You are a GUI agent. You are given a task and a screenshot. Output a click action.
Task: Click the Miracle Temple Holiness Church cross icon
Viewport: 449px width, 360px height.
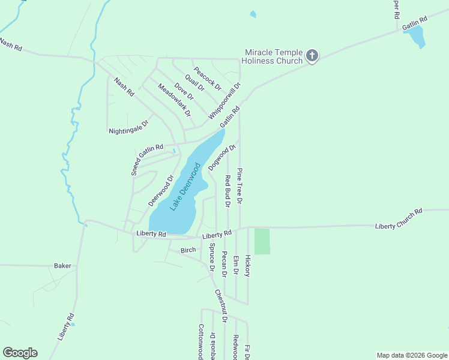(x=312, y=56)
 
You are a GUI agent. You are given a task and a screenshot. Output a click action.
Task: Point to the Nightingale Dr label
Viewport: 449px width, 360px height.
(x=128, y=127)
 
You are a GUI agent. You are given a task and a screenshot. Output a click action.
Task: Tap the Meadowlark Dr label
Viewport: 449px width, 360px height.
(x=174, y=100)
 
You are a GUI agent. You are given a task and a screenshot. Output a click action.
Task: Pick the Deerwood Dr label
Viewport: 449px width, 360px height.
(x=161, y=190)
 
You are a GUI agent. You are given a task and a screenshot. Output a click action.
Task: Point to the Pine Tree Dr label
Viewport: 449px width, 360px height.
(x=240, y=186)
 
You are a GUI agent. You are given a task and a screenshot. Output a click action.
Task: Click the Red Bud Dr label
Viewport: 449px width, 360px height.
(x=228, y=191)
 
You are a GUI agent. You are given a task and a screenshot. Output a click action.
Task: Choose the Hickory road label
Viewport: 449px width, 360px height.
(x=247, y=265)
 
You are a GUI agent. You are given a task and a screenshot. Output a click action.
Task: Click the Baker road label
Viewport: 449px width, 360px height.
(x=62, y=265)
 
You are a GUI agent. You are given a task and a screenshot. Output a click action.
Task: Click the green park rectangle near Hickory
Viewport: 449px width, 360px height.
(x=262, y=241)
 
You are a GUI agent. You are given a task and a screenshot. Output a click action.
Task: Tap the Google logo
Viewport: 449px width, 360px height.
(x=20, y=353)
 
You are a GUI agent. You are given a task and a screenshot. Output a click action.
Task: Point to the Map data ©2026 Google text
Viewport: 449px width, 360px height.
(x=411, y=355)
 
